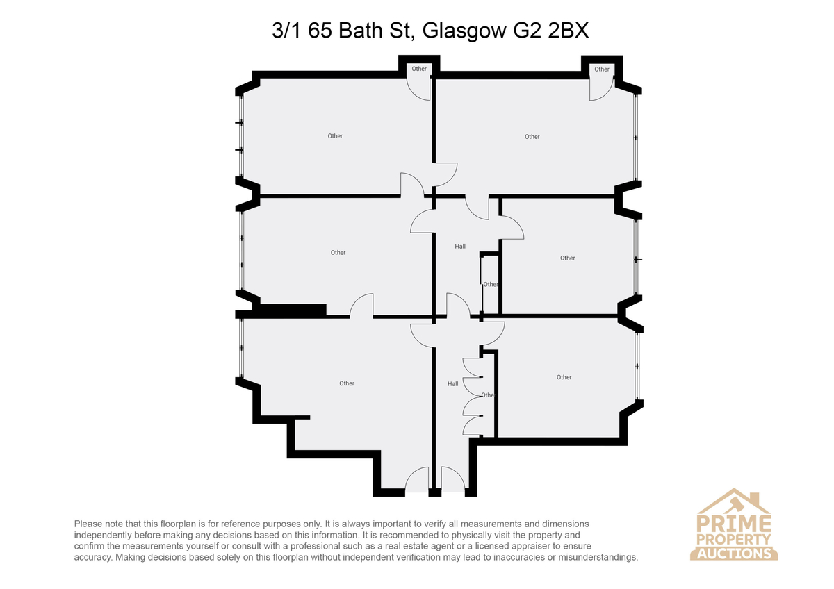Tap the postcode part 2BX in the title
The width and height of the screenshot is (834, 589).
(569, 30)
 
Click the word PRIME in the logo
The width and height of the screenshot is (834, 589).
(734, 523)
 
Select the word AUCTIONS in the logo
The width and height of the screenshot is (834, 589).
(734, 554)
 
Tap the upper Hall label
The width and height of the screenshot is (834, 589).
(460, 247)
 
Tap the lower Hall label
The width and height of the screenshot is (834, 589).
(452, 384)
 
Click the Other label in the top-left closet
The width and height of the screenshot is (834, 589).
(419, 69)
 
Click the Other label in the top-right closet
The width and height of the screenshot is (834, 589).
(602, 69)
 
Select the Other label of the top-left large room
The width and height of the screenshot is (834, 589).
(335, 136)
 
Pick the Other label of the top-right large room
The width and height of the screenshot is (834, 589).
(532, 137)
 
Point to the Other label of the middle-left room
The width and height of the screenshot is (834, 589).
(338, 253)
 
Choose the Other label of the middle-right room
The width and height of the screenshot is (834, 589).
(567, 258)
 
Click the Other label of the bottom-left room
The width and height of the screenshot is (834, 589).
(347, 383)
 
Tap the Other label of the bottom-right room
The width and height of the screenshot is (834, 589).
(564, 377)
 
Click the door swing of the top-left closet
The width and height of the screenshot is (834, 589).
(414, 93)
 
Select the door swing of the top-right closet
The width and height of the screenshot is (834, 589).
(606, 94)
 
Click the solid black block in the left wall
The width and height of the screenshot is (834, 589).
(293, 310)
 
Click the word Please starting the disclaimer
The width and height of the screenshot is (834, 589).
(88, 524)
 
